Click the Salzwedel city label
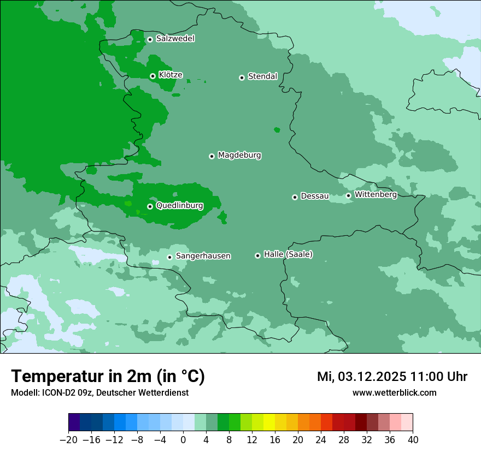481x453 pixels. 175,39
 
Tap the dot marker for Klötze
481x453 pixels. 153,76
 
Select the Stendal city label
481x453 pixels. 262,76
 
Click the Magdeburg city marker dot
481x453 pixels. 212,156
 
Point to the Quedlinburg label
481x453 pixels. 179,206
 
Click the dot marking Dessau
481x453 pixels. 295,197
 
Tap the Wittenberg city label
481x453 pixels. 376,195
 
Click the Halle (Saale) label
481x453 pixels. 288,254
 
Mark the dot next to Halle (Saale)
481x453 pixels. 258,255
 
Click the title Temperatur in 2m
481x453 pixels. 108,377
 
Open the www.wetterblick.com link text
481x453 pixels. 394,392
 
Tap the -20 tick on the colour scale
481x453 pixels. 69,440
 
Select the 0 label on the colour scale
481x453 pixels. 183,440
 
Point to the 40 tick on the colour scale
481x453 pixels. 413,440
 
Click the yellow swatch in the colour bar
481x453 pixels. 269,422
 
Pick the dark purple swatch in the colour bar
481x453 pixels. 74,422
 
